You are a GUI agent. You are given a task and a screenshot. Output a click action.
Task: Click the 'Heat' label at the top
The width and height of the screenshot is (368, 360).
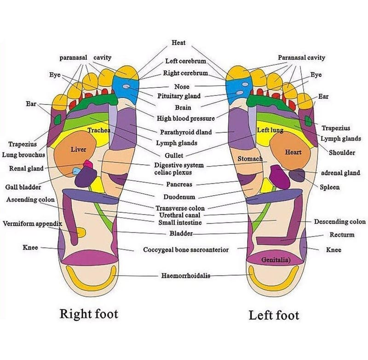coord(178,43)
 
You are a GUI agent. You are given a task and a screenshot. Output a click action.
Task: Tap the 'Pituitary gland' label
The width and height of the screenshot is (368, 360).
coord(179,96)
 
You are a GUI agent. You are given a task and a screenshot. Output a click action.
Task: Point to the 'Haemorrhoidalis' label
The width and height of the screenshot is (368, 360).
coord(185,276)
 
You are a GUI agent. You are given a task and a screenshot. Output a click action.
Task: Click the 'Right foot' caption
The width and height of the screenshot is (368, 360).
coord(89,314)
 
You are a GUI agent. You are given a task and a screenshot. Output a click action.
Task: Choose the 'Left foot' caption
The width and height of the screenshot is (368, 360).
coord(274,315)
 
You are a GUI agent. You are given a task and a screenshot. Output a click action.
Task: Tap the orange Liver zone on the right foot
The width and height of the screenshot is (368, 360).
coord(77,150)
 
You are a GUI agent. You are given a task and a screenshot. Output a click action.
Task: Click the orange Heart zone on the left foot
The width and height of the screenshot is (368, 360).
coord(293,151)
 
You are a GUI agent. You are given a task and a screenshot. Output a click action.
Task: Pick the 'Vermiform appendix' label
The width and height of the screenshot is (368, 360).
coord(32,224)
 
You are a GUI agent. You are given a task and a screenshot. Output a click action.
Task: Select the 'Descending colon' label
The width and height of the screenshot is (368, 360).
coord(340,222)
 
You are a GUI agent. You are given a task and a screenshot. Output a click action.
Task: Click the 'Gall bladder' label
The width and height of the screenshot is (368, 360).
coord(23,187)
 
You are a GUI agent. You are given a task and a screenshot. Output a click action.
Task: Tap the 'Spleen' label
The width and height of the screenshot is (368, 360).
coord(330,187)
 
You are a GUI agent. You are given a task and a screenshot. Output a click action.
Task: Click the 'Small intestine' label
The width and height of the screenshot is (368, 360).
coord(180,223)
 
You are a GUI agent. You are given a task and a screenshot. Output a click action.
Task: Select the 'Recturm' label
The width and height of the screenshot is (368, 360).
coord(342,235)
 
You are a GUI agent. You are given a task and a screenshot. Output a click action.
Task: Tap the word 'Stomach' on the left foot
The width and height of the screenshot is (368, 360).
coord(250,159)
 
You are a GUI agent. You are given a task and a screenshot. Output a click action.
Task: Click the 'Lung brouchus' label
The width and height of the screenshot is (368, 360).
coord(23,155)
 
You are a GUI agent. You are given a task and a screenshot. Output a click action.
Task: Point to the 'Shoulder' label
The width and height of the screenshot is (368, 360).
coord(342,152)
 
